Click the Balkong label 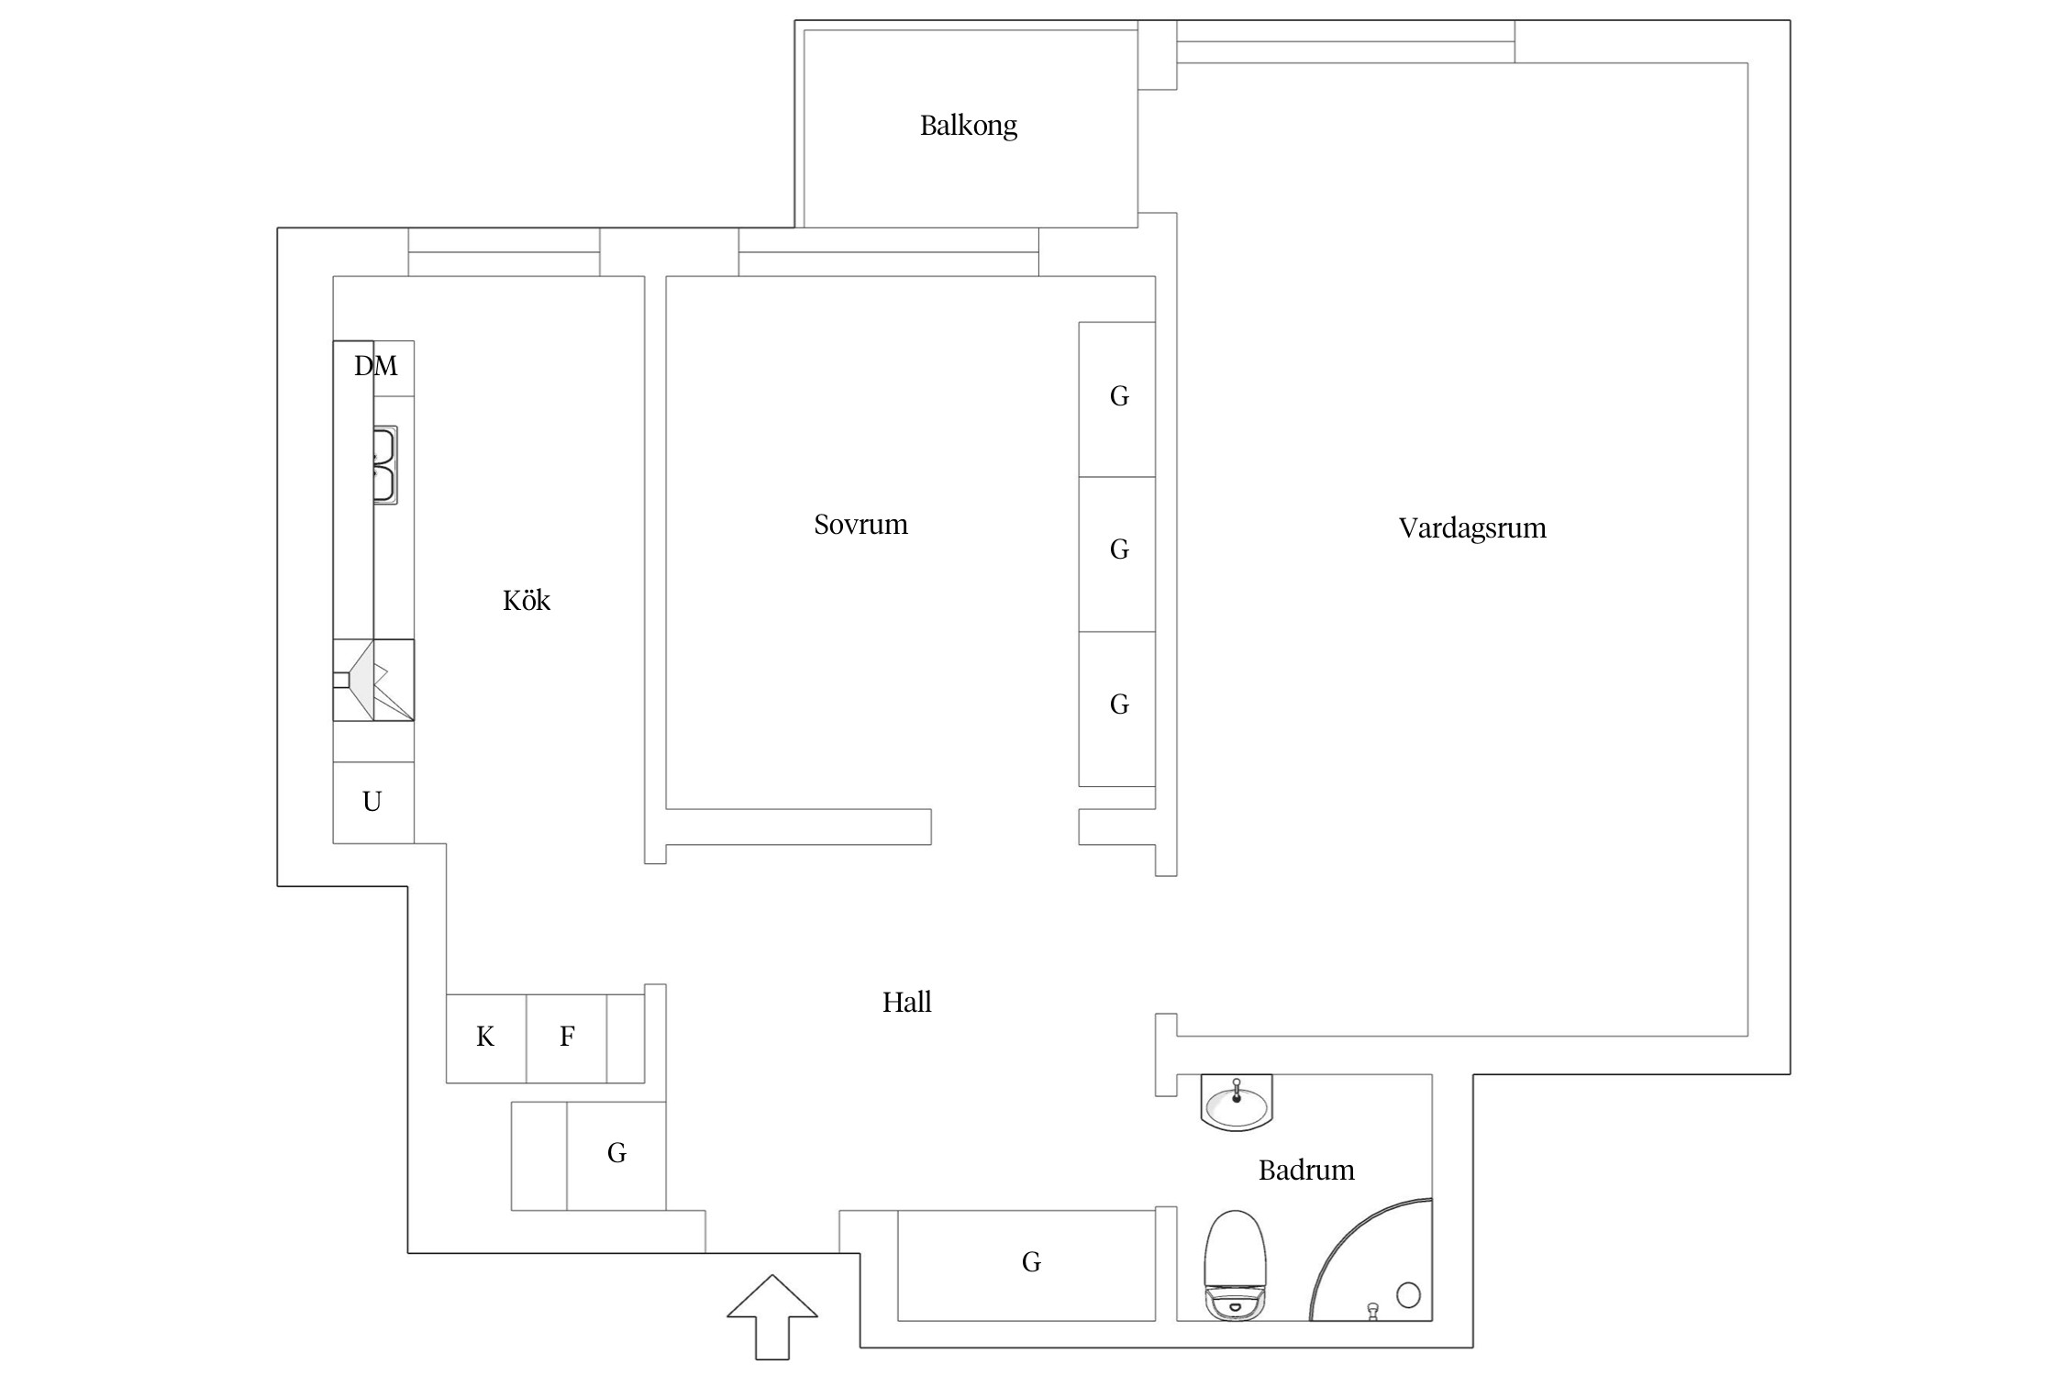968,126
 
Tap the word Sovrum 860,525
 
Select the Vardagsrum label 1471,528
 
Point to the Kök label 527,601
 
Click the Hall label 906,1002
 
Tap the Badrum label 1305,1171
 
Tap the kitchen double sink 384,465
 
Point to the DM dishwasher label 376,367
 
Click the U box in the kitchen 372,802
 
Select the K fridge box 485,1038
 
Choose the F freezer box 567,1038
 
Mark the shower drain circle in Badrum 1408,1294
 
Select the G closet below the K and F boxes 616,1154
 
